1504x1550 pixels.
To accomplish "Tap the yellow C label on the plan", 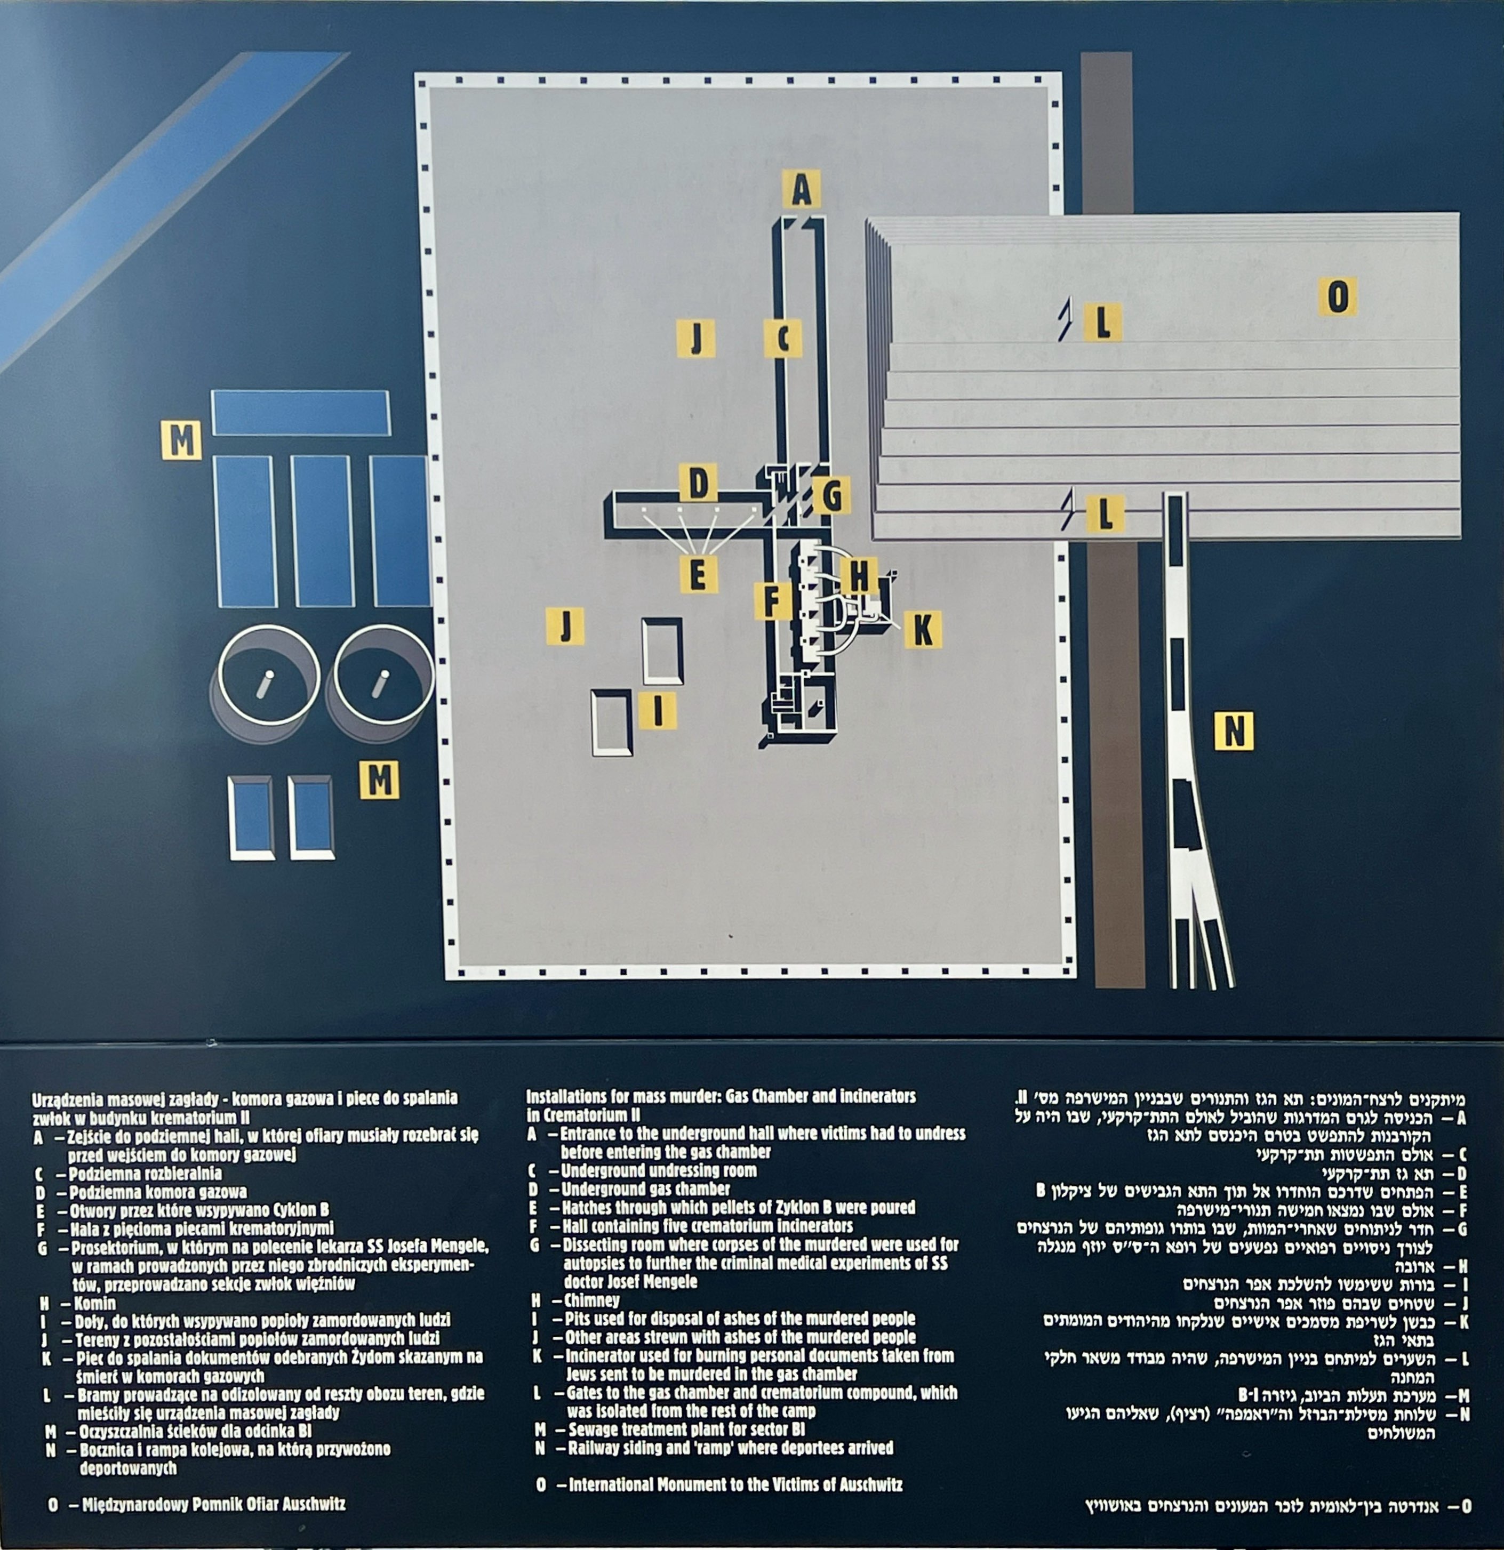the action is click(x=782, y=339).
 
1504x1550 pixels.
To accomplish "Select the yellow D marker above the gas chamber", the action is click(x=698, y=483).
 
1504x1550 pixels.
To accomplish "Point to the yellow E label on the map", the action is click(x=697, y=574).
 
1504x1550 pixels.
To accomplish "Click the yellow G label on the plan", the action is click(x=831, y=496).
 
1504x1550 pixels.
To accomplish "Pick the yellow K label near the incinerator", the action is click(x=923, y=630).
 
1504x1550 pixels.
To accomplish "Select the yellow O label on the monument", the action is click(x=1338, y=298).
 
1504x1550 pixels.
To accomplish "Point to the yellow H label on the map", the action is click(x=859, y=576).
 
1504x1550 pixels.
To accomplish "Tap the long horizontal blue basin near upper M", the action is click(x=301, y=413).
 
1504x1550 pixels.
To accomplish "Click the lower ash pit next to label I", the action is click(x=612, y=723).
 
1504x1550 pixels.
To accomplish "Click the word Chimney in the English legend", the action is click(x=592, y=1299).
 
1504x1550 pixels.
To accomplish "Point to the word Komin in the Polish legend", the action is click(x=94, y=1303).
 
